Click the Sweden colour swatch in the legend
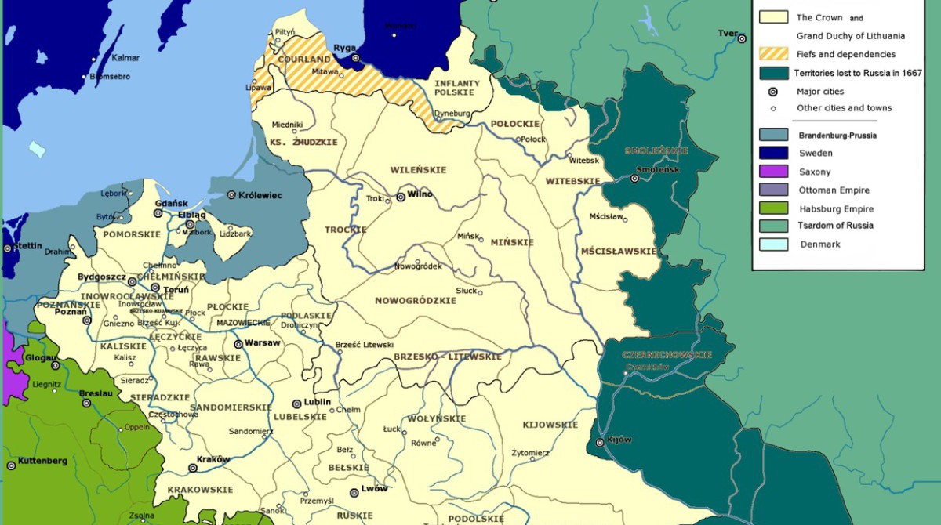click(x=773, y=153)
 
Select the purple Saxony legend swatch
click(x=773, y=172)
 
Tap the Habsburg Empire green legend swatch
click(x=773, y=208)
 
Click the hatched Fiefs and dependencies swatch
click(x=773, y=54)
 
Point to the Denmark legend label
click(x=819, y=244)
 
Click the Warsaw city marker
click(x=238, y=343)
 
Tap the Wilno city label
click(x=421, y=195)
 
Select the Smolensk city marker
click(x=634, y=179)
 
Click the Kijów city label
click(x=619, y=440)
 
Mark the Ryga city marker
click(x=355, y=58)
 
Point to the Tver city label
click(x=727, y=33)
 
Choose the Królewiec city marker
click(x=231, y=195)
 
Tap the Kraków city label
click(x=213, y=459)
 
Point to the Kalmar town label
click(x=125, y=58)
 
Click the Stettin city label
click(x=28, y=246)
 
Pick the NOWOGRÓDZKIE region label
click(x=415, y=301)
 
